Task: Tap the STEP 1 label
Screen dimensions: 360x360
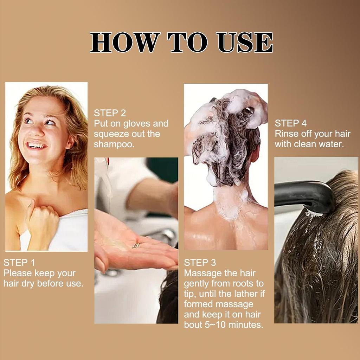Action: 19,262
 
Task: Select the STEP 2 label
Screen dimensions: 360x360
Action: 110,113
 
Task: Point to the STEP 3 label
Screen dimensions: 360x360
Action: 200,262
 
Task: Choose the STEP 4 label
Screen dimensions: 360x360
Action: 291,123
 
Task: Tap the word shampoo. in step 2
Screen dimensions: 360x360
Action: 114,144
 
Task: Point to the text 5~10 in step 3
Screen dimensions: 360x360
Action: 216,324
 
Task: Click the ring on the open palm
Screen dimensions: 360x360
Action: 136,245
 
